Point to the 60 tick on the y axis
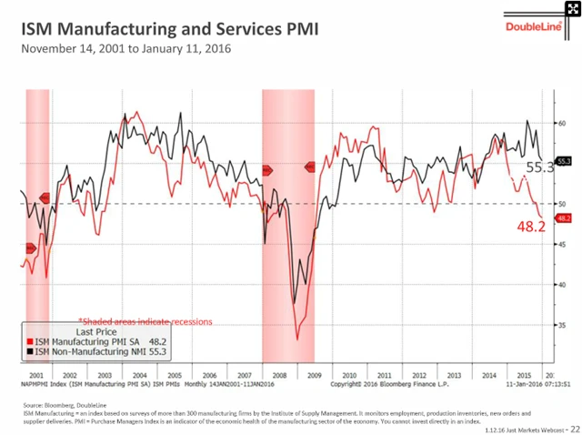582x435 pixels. point(563,123)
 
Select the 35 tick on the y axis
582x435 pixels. point(563,325)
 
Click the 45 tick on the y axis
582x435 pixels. point(563,244)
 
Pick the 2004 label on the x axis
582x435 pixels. point(139,375)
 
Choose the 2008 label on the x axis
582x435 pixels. point(278,375)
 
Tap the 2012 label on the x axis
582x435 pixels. point(418,375)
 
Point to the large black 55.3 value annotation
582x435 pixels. point(539,168)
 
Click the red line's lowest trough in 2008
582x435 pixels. point(297,339)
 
